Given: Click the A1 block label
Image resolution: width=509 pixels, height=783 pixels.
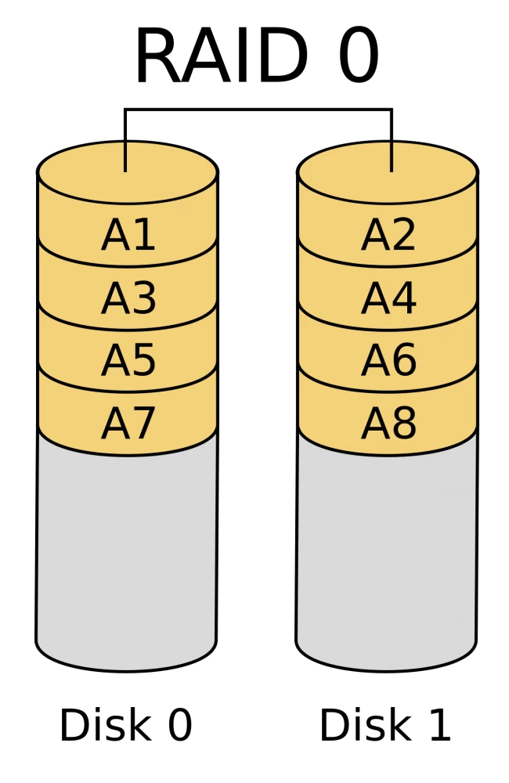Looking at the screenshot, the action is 128,235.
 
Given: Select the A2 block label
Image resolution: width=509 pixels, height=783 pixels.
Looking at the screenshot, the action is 388,235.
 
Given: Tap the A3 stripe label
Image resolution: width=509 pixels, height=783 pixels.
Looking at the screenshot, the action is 128,298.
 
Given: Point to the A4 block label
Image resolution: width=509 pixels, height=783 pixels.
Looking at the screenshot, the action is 388,298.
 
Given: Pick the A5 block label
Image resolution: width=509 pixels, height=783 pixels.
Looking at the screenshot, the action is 128,360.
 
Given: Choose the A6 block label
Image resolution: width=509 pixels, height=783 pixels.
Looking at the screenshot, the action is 388,360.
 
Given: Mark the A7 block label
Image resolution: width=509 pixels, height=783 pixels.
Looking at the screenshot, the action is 128,423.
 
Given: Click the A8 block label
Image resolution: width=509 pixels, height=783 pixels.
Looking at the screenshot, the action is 388,423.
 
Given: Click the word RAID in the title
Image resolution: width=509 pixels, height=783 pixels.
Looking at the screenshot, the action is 221,56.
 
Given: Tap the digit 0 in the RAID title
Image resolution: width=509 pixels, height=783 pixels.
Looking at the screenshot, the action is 359,56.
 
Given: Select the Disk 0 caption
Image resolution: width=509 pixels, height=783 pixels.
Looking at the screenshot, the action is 126,724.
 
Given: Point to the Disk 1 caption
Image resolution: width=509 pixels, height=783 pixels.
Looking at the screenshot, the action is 385,724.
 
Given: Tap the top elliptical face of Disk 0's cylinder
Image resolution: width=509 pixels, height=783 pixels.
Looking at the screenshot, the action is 128,172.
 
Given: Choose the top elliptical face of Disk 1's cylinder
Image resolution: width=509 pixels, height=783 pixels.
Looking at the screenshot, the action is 388,172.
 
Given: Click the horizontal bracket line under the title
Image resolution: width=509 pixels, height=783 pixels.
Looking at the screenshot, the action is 258,109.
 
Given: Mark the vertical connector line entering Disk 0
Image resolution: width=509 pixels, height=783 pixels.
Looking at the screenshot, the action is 125,140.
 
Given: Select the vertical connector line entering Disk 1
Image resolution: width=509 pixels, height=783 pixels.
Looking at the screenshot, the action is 392,140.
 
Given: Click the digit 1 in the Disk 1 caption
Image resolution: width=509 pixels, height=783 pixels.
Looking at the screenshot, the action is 439,724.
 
